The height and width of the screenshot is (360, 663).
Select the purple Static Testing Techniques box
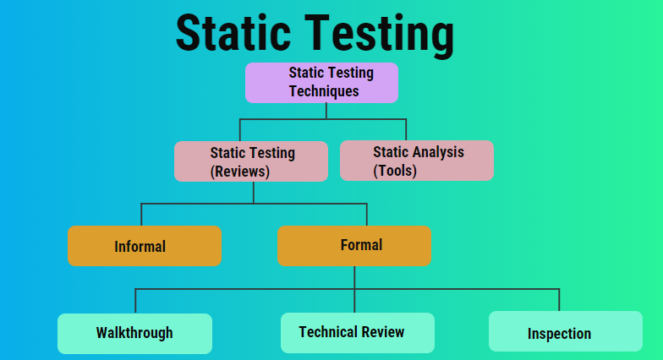pos(321,83)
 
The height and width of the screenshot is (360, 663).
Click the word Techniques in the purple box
pos(324,91)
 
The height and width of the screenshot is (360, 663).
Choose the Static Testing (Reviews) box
pos(251,161)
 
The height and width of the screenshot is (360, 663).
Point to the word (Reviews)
pos(240,172)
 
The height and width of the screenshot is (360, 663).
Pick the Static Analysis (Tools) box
pos(417,161)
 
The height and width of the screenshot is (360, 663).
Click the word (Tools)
pos(395,171)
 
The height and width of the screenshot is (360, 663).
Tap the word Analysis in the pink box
pos(438,152)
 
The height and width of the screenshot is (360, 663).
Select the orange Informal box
pos(145,246)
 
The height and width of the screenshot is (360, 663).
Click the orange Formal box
pos(354,246)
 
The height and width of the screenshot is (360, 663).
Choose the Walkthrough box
pos(135,334)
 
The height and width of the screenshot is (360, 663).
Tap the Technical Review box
pos(358,333)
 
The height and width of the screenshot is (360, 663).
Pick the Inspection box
pos(566,331)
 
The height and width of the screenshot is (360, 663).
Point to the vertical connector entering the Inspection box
pos(560,300)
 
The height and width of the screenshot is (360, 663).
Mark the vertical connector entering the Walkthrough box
pos(135,301)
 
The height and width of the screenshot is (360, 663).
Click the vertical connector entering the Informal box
pos(141,215)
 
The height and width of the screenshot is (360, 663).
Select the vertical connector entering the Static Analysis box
pos(406,130)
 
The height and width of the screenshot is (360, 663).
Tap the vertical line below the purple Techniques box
pos(326,112)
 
